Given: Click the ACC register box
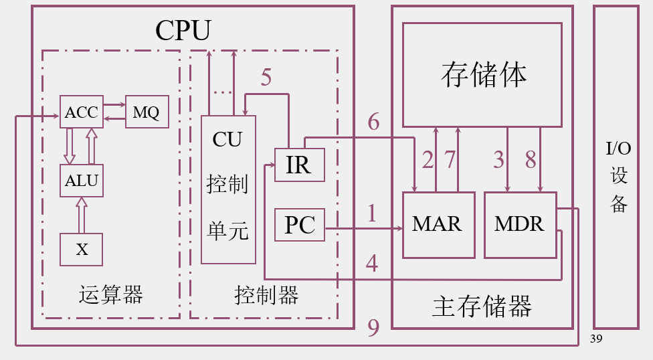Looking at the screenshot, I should click(82, 112).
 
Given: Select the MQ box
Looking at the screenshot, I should click(146, 112).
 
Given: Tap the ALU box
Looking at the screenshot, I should click(82, 180).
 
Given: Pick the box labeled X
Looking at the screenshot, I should click(82, 250).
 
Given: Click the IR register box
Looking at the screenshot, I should click(299, 165).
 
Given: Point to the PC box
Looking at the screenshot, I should click(299, 225).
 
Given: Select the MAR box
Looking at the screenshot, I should click(438, 225).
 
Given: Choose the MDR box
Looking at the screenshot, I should click(519, 225).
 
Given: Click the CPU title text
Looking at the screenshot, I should click(183, 30).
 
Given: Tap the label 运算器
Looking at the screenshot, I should click(111, 294).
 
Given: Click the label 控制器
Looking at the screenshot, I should click(266, 294).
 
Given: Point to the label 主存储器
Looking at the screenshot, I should click(482, 306).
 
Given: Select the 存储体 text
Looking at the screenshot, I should click(483, 74).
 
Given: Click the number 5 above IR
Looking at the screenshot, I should click(266, 78).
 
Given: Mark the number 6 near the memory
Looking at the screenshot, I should click(373, 122).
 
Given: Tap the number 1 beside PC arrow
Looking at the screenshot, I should click(372, 213).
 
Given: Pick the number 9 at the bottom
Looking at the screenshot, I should click(373, 327).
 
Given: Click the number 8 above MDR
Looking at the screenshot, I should click(531, 160).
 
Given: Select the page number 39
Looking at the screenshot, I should click(597, 339).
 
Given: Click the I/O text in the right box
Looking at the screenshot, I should click(618, 149).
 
